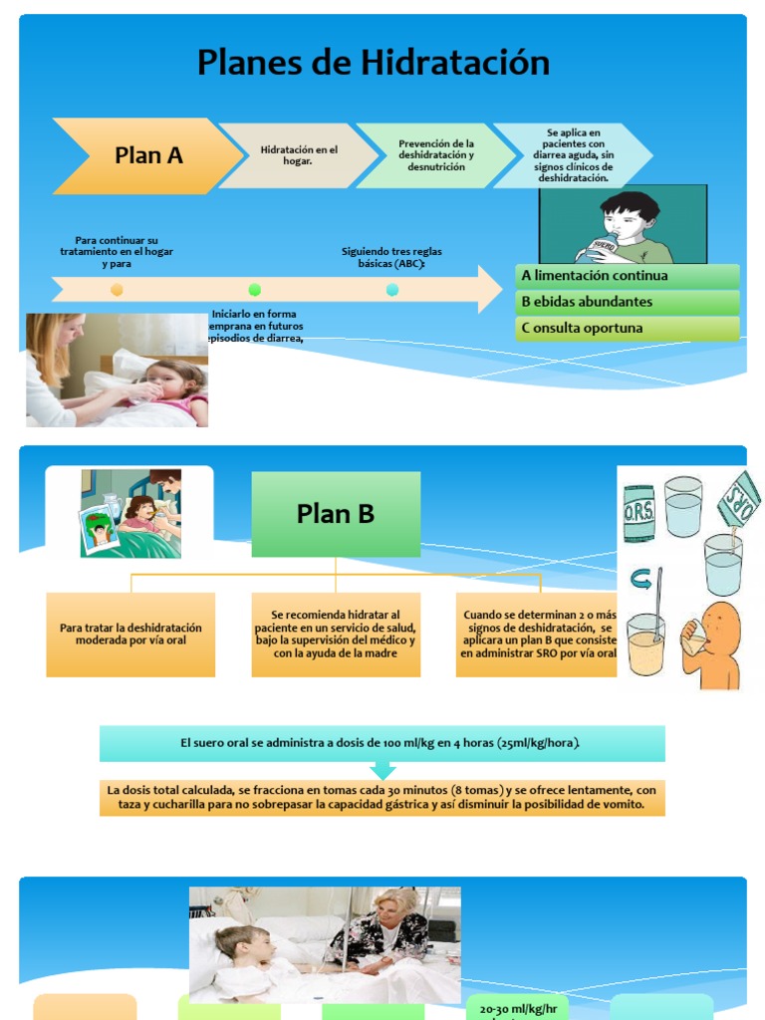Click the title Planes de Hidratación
tap(374, 63)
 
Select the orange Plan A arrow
tap(147, 155)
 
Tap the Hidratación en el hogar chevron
tap(299, 155)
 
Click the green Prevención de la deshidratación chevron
tap(436, 155)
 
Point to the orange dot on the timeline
tap(117, 290)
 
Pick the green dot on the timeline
tap(254, 290)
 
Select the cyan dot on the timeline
tap(391, 290)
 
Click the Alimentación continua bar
tap(628, 276)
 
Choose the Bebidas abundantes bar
tap(628, 302)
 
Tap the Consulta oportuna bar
tap(628, 328)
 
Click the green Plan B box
tap(336, 514)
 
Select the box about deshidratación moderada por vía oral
tap(130, 635)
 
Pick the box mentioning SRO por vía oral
tap(538, 635)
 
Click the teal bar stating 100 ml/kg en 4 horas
tap(382, 743)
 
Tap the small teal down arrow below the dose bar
tap(382, 770)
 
